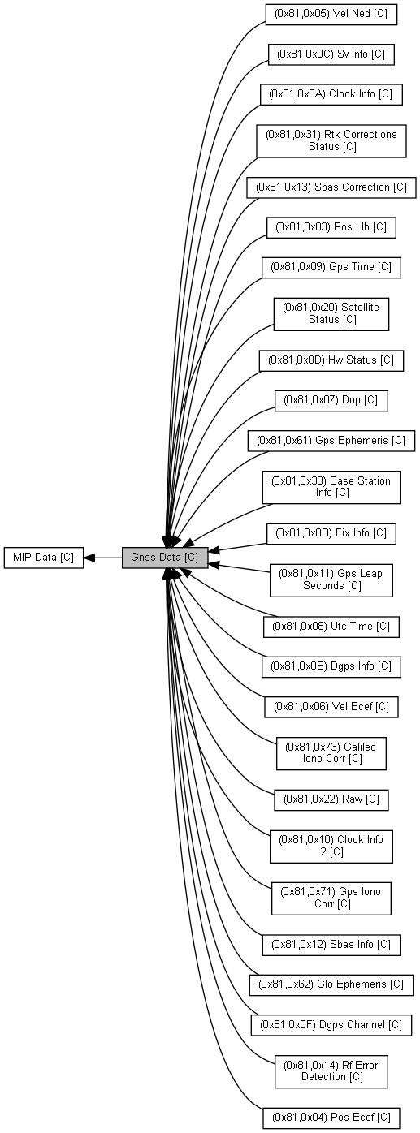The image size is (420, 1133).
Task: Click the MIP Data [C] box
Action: point(44,558)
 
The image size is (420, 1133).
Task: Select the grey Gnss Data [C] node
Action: point(165,558)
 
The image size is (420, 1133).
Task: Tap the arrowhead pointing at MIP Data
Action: point(89,558)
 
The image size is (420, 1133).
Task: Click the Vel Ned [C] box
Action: point(331,14)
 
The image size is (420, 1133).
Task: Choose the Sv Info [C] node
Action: point(331,54)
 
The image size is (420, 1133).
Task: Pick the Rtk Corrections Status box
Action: point(331,140)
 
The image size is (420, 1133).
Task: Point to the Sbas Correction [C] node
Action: point(331,187)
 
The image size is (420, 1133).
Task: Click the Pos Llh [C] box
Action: point(331,227)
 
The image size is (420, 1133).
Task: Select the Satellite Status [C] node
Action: point(331,313)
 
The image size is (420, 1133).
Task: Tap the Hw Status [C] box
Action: point(331,360)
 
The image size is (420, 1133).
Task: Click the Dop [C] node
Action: point(331,400)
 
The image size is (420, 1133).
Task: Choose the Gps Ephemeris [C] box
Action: point(331,440)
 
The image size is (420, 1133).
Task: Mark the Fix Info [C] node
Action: point(331,533)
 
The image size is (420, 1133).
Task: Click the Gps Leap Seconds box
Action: point(331,579)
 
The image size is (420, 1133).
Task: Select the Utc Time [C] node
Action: point(331,627)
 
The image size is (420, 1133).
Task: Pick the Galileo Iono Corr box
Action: point(331,752)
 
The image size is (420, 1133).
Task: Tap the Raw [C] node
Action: point(331,799)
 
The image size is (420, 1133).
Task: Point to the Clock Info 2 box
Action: point(331,846)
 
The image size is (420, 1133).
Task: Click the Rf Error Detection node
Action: point(331,1071)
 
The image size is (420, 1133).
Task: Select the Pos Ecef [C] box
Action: point(331,1118)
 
